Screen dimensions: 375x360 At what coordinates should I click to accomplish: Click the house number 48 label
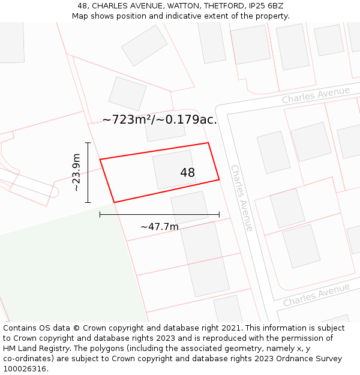(187, 173)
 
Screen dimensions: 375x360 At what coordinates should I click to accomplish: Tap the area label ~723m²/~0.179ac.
(160, 119)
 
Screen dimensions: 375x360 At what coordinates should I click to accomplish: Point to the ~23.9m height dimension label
(76, 173)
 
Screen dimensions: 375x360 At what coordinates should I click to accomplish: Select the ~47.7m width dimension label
(160, 227)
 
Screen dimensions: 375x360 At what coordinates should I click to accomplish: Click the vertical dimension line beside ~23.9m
(88, 173)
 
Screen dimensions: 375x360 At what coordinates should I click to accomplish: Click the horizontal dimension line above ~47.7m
(160, 214)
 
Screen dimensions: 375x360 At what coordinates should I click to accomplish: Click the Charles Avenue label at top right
(316, 95)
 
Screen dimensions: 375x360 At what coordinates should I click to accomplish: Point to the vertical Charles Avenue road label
(242, 198)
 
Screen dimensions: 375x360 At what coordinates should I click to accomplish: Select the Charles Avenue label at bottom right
(316, 295)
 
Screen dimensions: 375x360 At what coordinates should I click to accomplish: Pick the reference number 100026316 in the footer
(25, 369)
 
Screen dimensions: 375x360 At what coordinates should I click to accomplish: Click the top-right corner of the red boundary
(208, 143)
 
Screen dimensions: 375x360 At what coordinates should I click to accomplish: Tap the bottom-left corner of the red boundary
(114, 202)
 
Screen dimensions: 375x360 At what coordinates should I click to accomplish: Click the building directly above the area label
(127, 93)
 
